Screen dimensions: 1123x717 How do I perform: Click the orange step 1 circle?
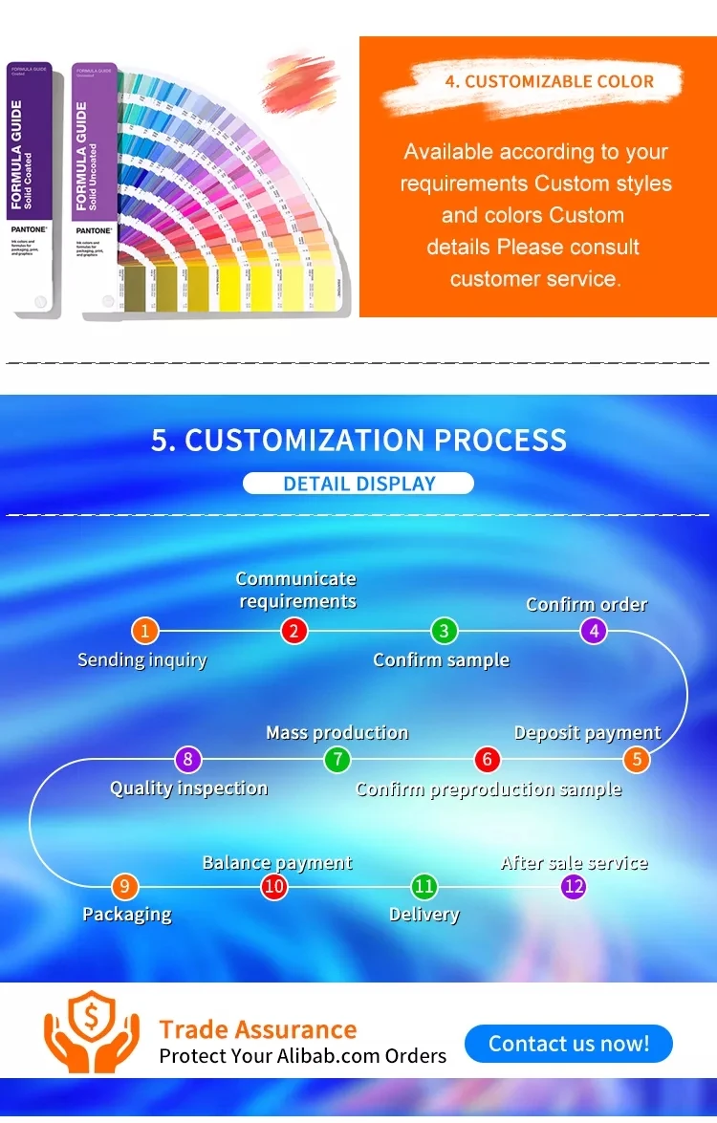144,631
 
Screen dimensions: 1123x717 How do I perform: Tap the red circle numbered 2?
294,631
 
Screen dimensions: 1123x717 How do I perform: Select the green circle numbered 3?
444,631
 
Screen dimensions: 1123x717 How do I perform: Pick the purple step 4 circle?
594,631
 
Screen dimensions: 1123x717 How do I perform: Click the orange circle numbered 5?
637,761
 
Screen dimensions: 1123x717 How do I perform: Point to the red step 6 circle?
488,761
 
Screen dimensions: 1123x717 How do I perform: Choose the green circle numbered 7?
337,761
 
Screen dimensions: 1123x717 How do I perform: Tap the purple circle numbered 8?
188,761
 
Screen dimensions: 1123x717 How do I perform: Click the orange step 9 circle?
124,887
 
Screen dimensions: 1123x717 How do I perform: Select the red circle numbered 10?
274,887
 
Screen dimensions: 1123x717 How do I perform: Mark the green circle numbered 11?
424,887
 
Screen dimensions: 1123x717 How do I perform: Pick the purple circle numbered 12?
574,887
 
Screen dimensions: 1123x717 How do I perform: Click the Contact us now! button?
569,1043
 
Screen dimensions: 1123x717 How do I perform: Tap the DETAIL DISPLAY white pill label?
358,484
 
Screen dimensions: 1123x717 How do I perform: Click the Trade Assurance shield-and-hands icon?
92,1031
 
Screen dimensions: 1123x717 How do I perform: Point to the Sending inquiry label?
141,659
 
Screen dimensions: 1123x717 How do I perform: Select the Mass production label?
337,733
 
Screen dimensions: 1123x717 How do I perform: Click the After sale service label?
574,863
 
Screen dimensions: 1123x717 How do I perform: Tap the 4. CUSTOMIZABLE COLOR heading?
549,82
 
